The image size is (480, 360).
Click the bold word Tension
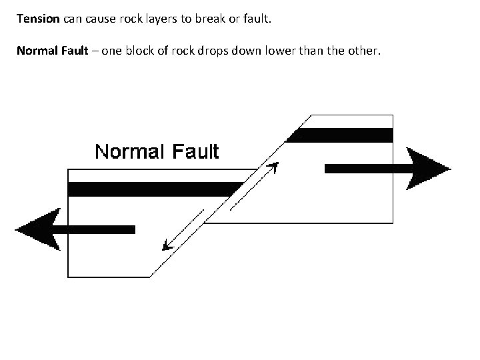38,19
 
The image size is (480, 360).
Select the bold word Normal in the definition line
37,50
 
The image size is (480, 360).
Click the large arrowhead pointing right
427,169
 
